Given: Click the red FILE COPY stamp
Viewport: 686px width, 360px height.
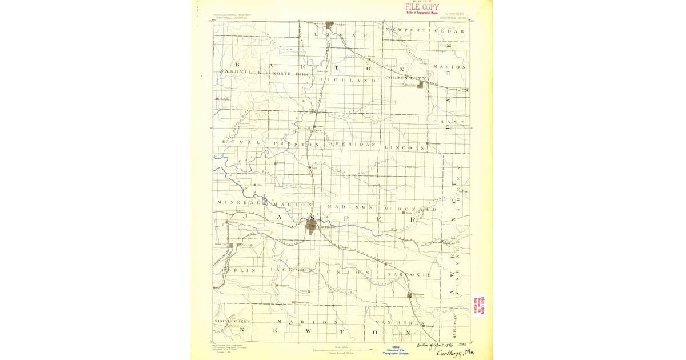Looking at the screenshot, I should [422, 7].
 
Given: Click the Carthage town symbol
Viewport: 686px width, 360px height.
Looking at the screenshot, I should [312, 226].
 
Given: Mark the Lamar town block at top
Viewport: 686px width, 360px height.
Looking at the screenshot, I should [329, 25].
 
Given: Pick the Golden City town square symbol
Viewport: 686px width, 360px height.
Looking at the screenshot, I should [421, 85].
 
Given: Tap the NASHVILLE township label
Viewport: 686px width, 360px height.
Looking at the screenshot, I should [240, 73].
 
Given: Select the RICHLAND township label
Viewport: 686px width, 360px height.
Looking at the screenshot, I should [347, 81].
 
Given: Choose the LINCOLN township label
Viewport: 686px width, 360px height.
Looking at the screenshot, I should [405, 147].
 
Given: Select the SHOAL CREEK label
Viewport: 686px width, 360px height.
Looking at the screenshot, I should [233, 322].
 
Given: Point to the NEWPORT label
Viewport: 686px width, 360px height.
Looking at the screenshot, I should [406, 30].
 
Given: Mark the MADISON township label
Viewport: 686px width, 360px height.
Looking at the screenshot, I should [350, 206].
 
